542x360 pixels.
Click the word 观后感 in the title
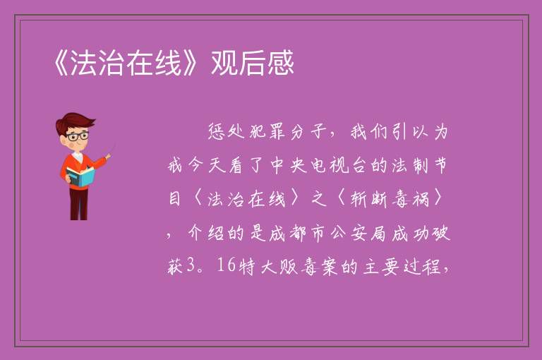point(253,63)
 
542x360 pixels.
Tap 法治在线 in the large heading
point(126,63)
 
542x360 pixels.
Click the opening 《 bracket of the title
point(61,63)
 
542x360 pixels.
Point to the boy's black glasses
point(78,136)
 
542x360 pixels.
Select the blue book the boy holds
point(80,176)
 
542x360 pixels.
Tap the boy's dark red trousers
point(79,203)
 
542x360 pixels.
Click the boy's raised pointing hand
point(108,157)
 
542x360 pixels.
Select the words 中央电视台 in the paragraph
point(318,165)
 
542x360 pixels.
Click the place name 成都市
point(297,234)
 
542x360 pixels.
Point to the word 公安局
point(358,234)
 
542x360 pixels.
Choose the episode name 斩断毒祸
point(390,199)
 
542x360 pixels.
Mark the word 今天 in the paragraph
point(199,165)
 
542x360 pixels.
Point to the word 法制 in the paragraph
point(410,165)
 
